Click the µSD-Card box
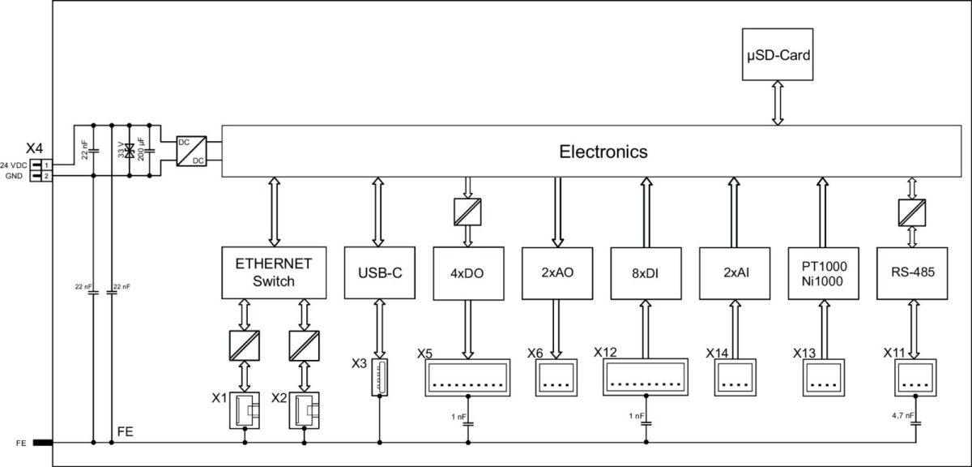pos(778,55)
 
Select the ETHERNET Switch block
pos(274,272)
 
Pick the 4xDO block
pos(467,272)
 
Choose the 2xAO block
pos(556,272)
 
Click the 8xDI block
pos(646,272)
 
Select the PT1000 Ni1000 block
pos(821,272)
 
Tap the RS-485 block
pos(911,272)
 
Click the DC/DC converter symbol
pos(191,151)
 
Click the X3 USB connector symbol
pos(379,377)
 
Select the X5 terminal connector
pos(467,377)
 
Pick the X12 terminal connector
pos(646,377)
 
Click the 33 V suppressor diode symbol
pos(130,151)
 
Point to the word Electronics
pos(603,152)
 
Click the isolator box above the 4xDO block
pos(467,212)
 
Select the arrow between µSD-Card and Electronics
pos(778,103)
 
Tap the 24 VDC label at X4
pos(15,165)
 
